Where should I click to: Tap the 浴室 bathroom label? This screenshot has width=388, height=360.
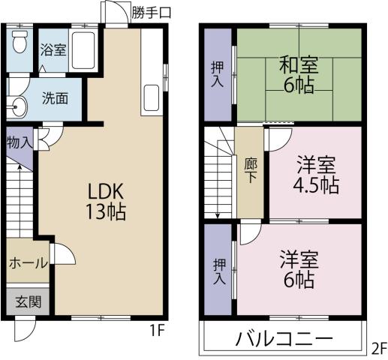(53, 49)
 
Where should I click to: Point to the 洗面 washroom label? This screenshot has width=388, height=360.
(55, 97)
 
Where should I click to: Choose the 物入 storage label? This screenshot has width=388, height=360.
(19, 142)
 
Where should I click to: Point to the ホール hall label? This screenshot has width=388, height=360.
(29, 263)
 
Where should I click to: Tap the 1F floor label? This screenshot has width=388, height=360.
(155, 328)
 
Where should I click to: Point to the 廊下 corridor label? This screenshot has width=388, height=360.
(249, 171)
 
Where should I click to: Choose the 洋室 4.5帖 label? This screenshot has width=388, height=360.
(315, 174)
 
